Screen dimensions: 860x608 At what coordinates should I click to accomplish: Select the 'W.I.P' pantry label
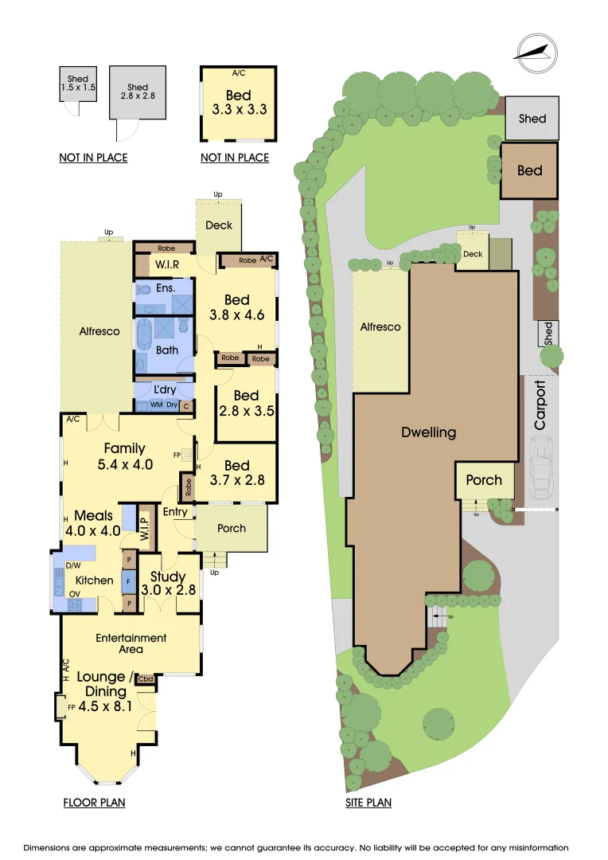(146, 524)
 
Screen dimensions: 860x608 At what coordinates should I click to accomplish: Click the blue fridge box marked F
(128, 581)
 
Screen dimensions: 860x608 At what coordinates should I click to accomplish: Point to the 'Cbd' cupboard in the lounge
(146, 679)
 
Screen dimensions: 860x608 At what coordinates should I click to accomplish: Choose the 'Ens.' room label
(166, 287)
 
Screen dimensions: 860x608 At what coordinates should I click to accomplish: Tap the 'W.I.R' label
(166, 264)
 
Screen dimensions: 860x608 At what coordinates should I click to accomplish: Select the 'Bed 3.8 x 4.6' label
(237, 307)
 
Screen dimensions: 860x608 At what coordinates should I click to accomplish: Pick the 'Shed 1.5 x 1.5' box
(78, 84)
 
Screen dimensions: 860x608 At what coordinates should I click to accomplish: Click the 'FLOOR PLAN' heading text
(94, 803)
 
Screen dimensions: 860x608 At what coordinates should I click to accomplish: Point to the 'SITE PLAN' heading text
(368, 803)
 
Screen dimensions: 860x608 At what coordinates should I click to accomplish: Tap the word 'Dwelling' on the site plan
(428, 432)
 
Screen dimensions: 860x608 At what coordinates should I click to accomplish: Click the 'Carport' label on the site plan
(541, 406)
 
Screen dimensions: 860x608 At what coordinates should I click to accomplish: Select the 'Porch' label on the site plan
(484, 480)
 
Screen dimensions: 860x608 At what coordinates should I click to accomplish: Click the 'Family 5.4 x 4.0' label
(125, 457)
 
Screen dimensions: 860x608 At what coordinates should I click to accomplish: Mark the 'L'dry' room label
(166, 389)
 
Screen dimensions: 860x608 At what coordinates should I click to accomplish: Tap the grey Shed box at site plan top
(532, 119)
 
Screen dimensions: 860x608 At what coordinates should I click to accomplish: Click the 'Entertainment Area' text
(131, 643)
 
